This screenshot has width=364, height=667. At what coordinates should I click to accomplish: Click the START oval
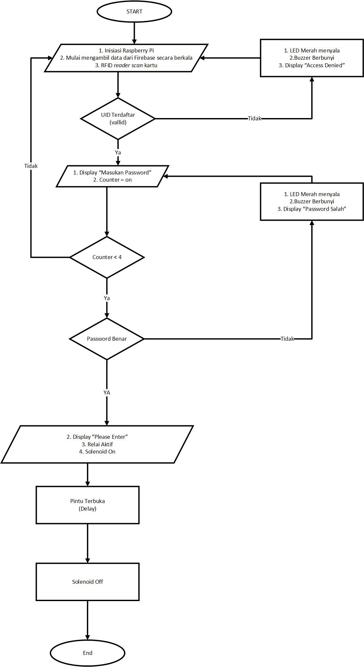(x=134, y=11)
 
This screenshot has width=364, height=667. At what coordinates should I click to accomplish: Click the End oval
(x=88, y=653)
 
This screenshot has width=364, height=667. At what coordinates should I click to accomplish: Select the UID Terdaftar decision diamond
(x=118, y=119)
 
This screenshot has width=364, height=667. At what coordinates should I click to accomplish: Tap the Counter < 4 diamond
(x=107, y=257)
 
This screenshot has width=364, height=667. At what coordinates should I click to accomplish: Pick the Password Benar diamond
(x=107, y=339)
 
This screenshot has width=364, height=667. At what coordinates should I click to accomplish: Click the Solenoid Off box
(x=88, y=581)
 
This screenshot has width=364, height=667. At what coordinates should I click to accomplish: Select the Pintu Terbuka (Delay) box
(x=88, y=505)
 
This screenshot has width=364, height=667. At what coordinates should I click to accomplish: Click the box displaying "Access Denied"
(x=312, y=58)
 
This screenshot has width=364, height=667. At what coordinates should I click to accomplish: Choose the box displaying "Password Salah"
(x=312, y=201)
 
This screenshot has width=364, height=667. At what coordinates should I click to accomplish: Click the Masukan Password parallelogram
(x=112, y=176)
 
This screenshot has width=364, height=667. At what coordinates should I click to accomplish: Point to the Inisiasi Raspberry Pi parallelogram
(x=126, y=58)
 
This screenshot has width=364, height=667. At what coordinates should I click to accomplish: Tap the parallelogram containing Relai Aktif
(x=97, y=444)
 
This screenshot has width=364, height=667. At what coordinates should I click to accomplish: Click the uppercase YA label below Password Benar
(x=107, y=393)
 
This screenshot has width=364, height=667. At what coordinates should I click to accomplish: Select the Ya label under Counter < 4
(x=107, y=298)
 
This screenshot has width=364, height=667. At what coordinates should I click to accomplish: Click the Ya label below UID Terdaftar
(x=118, y=152)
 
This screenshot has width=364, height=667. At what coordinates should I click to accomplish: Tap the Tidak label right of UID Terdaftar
(x=254, y=118)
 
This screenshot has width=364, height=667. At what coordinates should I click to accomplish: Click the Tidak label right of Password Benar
(x=287, y=339)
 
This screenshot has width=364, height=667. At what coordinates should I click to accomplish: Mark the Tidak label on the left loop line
(x=31, y=166)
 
